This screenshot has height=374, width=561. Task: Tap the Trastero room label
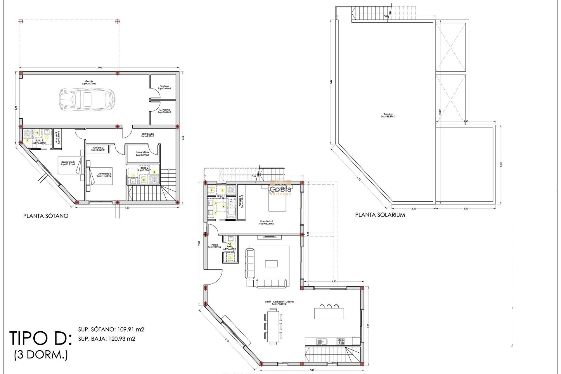164,87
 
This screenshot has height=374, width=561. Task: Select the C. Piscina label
165,111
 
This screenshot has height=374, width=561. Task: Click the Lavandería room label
142,153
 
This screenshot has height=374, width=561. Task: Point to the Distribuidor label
148,135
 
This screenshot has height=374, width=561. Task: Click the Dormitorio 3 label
68,163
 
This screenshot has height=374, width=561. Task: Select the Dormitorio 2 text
104,175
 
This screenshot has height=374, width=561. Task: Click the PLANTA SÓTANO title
46,216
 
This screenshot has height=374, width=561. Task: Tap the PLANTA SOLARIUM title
380,215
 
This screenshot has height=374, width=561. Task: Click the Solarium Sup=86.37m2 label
388,115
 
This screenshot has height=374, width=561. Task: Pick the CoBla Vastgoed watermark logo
280,190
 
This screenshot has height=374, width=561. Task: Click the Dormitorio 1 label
266,223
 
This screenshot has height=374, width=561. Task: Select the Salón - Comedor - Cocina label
279,303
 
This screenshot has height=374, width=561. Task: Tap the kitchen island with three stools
329,313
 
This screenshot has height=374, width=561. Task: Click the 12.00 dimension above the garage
99,67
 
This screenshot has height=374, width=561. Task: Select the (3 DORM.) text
41,355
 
